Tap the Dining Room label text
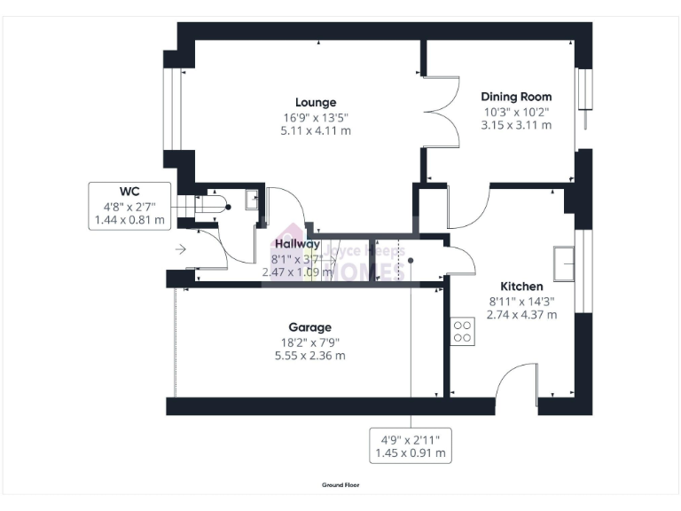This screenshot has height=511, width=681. (x=516, y=97)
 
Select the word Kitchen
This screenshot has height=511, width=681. (x=521, y=287)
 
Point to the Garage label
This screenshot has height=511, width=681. (x=309, y=326)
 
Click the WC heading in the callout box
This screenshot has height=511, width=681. (x=129, y=191)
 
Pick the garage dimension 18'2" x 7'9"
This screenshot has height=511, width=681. (x=309, y=342)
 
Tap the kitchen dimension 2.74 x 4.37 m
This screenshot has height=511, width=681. (x=521, y=314)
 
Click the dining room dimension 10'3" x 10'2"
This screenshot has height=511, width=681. (x=516, y=112)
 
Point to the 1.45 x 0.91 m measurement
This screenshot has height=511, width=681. (x=410, y=454)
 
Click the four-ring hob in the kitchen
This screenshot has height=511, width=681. (x=462, y=332)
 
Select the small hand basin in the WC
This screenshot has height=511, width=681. (x=251, y=199)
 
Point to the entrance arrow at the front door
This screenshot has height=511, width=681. (x=181, y=250)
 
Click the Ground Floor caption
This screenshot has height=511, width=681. (x=340, y=485)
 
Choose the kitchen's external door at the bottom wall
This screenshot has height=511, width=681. (x=516, y=388)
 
